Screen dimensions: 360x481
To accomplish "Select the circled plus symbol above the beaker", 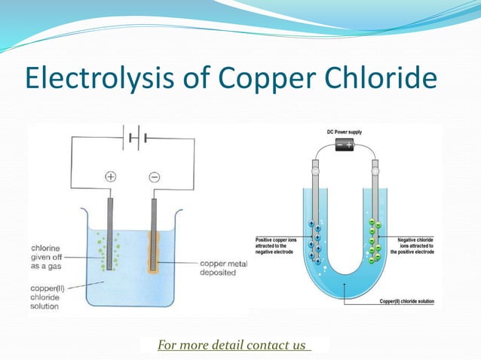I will pyautogui.click(x=110, y=177).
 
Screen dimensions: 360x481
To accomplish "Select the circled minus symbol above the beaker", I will pyautogui.click(x=154, y=177).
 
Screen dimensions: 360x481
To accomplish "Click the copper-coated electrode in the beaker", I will pyautogui.click(x=154, y=241).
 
